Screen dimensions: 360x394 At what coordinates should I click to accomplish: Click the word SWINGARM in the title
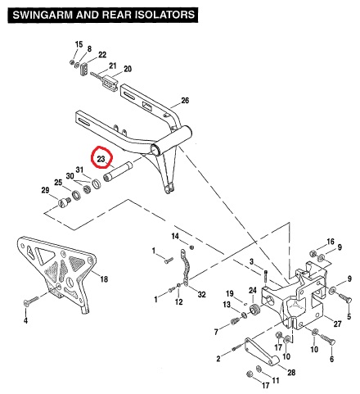[43, 15]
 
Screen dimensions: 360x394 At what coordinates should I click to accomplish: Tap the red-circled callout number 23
[101, 159]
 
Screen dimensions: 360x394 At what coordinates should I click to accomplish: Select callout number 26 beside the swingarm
[185, 101]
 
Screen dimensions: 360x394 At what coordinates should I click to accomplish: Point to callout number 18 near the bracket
[104, 279]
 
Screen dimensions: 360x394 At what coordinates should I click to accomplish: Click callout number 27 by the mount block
[338, 324]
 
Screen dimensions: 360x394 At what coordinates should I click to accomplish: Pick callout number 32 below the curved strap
[201, 295]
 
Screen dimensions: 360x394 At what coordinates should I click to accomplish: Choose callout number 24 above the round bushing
[253, 290]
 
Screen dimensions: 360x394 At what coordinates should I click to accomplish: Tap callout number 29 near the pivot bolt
[45, 190]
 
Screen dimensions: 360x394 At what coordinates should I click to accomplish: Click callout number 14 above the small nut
[175, 236]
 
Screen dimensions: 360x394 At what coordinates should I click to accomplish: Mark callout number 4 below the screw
[25, 320]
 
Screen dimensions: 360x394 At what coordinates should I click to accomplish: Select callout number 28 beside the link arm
[291, 373]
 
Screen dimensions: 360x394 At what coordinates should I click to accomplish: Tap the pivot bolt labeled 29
[65, 202]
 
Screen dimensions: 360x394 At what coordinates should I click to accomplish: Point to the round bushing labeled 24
[255, 310]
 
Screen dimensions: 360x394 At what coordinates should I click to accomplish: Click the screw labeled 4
[31, 301]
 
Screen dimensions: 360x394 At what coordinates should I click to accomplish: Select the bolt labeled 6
[328, 339]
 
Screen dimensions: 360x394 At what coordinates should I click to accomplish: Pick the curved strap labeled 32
[185, 268]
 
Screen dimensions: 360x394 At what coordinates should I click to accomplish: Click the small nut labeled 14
[191, 247]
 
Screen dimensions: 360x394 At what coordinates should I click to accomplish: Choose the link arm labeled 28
[261, 351]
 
